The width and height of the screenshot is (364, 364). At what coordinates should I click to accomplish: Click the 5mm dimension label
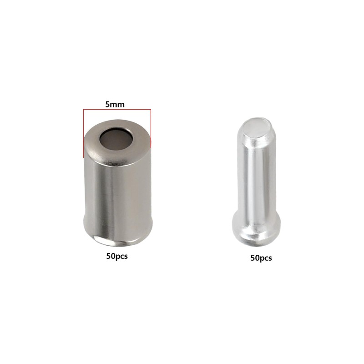(115, 105)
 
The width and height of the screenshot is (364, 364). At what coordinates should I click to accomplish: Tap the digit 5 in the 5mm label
(107, 105)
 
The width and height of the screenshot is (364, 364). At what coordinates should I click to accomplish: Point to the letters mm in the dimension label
(117, 105)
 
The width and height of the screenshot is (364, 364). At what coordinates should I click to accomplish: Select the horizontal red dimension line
(117, 109)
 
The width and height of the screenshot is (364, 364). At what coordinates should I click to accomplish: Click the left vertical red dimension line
(83, 133)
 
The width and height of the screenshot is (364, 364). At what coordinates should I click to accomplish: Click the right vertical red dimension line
(151, 128)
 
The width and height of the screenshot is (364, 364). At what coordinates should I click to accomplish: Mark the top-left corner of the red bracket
(83, 109)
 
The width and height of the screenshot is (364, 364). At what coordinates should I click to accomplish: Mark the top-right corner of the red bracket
(151, 109)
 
